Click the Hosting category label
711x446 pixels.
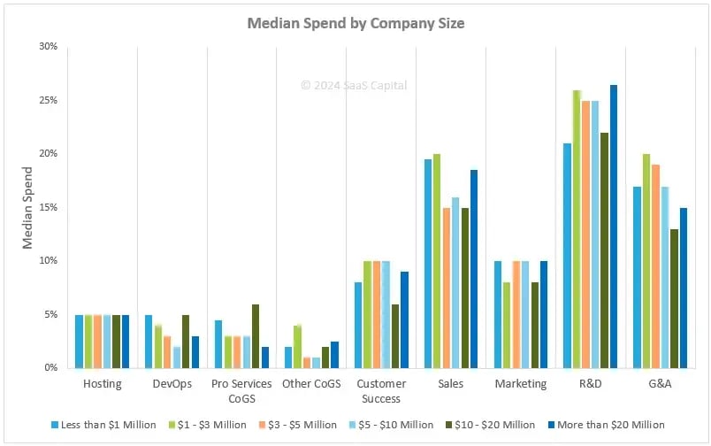(103, 384)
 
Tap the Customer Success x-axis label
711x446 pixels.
(381, 390)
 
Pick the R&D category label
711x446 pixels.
(590, 384)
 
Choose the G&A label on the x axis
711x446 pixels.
(659, 384)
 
